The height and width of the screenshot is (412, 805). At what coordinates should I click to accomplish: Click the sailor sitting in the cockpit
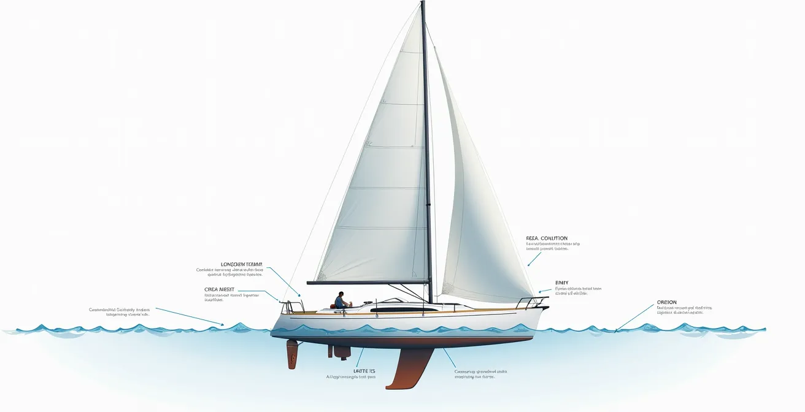coord(339,300)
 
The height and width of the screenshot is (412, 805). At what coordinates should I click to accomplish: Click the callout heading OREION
coord(666,302)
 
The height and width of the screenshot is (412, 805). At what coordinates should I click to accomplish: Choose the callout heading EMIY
coord(561,283)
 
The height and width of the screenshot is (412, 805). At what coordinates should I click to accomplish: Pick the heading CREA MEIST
coord(219,289)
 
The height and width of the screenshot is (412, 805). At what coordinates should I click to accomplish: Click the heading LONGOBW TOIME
coord(242,264)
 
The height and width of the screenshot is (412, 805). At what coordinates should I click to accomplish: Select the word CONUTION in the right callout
coord(554,238)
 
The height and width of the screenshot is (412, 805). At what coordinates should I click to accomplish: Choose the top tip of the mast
coord(423,2)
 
